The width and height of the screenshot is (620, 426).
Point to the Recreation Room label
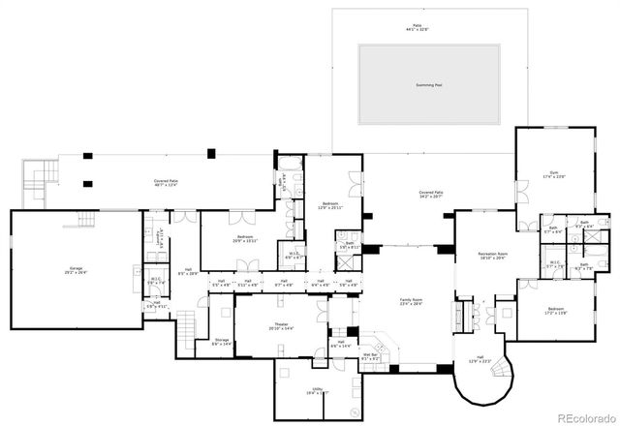pos(494,256)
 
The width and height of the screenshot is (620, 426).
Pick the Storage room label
pos(222,342)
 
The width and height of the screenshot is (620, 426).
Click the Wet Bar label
pos(370,356)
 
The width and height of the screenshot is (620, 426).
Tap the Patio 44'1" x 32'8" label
pos(417,30)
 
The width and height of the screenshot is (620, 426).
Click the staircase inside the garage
pos(88,219)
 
